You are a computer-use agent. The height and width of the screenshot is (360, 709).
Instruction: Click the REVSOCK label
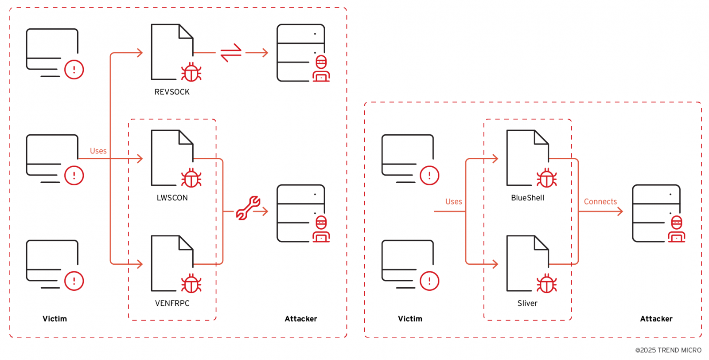(x=172, y=92)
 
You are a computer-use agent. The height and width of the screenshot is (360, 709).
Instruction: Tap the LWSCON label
(x=172, y=198)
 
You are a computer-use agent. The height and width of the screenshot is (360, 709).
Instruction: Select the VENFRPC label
(x=172, y=303)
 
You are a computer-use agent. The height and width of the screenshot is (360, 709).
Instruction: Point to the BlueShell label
(x=528, y=198)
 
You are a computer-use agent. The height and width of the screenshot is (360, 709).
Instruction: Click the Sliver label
(x=527, y=303)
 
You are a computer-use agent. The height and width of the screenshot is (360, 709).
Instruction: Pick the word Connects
(x=600, y=202)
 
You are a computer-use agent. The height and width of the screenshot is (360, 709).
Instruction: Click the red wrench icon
(x=248, y=207)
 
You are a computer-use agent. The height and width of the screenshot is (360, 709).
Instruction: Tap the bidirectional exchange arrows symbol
(x=231, y=53)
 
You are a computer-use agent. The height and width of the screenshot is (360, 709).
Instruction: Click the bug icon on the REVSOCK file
(x=191, y=72)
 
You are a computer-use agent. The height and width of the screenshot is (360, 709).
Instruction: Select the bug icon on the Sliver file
(x=547, y=283)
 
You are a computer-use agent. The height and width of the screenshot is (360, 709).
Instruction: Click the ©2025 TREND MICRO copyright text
(x=668, y=350)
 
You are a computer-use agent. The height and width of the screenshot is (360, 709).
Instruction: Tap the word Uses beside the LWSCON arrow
(x=98, y=151)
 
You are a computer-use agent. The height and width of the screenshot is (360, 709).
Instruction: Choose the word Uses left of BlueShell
(x=454, y=202)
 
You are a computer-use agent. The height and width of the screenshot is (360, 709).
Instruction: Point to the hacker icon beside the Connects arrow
(x=677, y=229)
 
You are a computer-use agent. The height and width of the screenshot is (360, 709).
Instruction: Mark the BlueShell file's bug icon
(x=547, y=178)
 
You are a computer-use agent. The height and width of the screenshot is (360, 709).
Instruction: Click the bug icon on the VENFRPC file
(x=191, y=283)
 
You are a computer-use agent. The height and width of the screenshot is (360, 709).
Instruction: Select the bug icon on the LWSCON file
(x=191, y=178)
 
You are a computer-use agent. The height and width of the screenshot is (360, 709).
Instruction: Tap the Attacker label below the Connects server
(x=656, y=319)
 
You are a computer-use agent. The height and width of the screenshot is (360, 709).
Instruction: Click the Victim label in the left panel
(x=55, y=319)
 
